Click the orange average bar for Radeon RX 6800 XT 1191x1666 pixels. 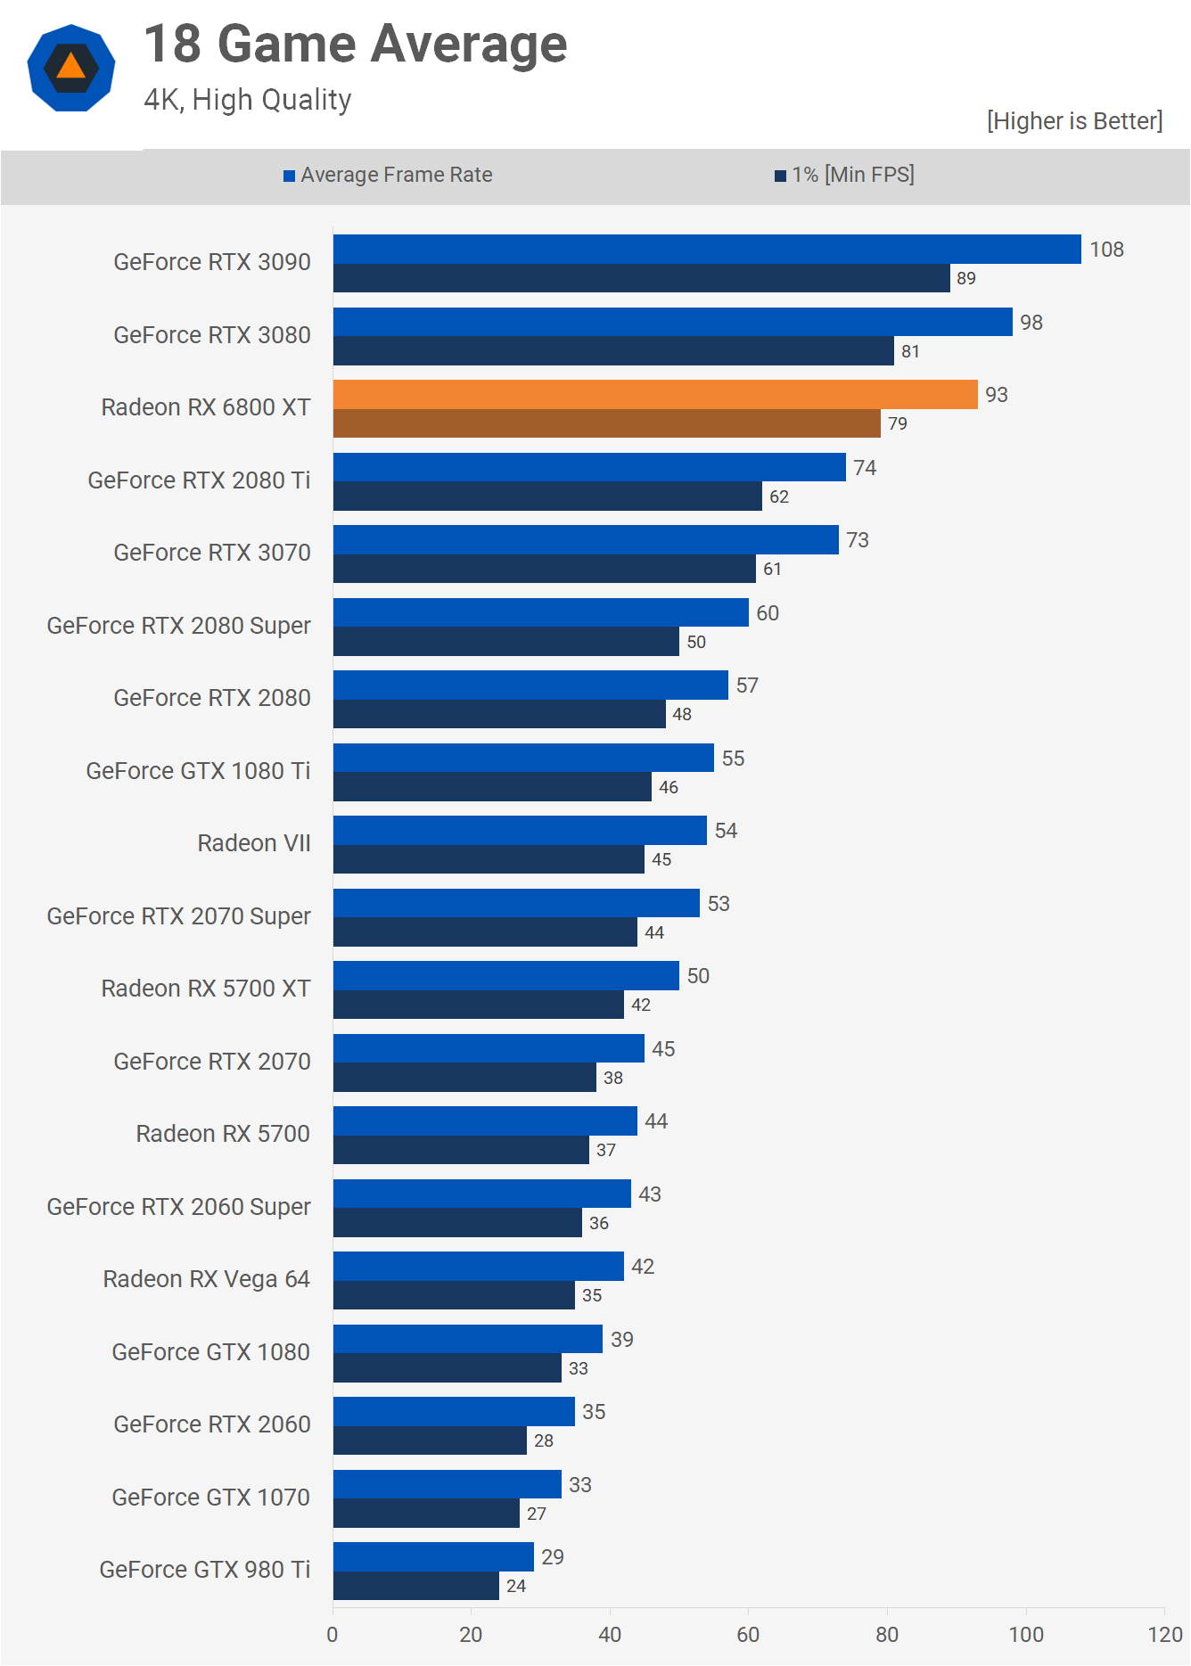[x=655, y=395]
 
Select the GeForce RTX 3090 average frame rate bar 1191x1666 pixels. [x=707, y=250]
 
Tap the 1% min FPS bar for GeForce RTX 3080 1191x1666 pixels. [x=613, y=351]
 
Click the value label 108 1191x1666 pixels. [x=1106, y=250]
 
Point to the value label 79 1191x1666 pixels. [x=898, y=423]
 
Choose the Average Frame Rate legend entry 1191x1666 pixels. [x=389, y=175]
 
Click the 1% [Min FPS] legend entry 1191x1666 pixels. [x=844, y=175]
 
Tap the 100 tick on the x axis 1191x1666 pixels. [x=1026, y=1634]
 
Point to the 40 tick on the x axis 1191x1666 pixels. [x=610, y=1634]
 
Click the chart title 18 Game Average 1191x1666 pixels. [x=356, y=44]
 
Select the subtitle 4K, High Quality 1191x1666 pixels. [x=248, y=100]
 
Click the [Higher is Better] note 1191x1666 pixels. [x=1074, y=121]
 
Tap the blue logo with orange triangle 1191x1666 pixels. [x=71, y=68]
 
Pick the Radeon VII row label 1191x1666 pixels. [x=254, y=843]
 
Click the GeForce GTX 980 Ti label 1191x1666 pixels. [x=205, y=1570]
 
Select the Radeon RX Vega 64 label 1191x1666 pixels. [x=207, y=1279]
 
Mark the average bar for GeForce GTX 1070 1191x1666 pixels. [x=448, y=1484]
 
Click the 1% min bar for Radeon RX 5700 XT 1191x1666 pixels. [x=479, y=1005]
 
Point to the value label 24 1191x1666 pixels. [x=516, y=1586]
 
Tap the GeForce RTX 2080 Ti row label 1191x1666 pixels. [x=199, y=480]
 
